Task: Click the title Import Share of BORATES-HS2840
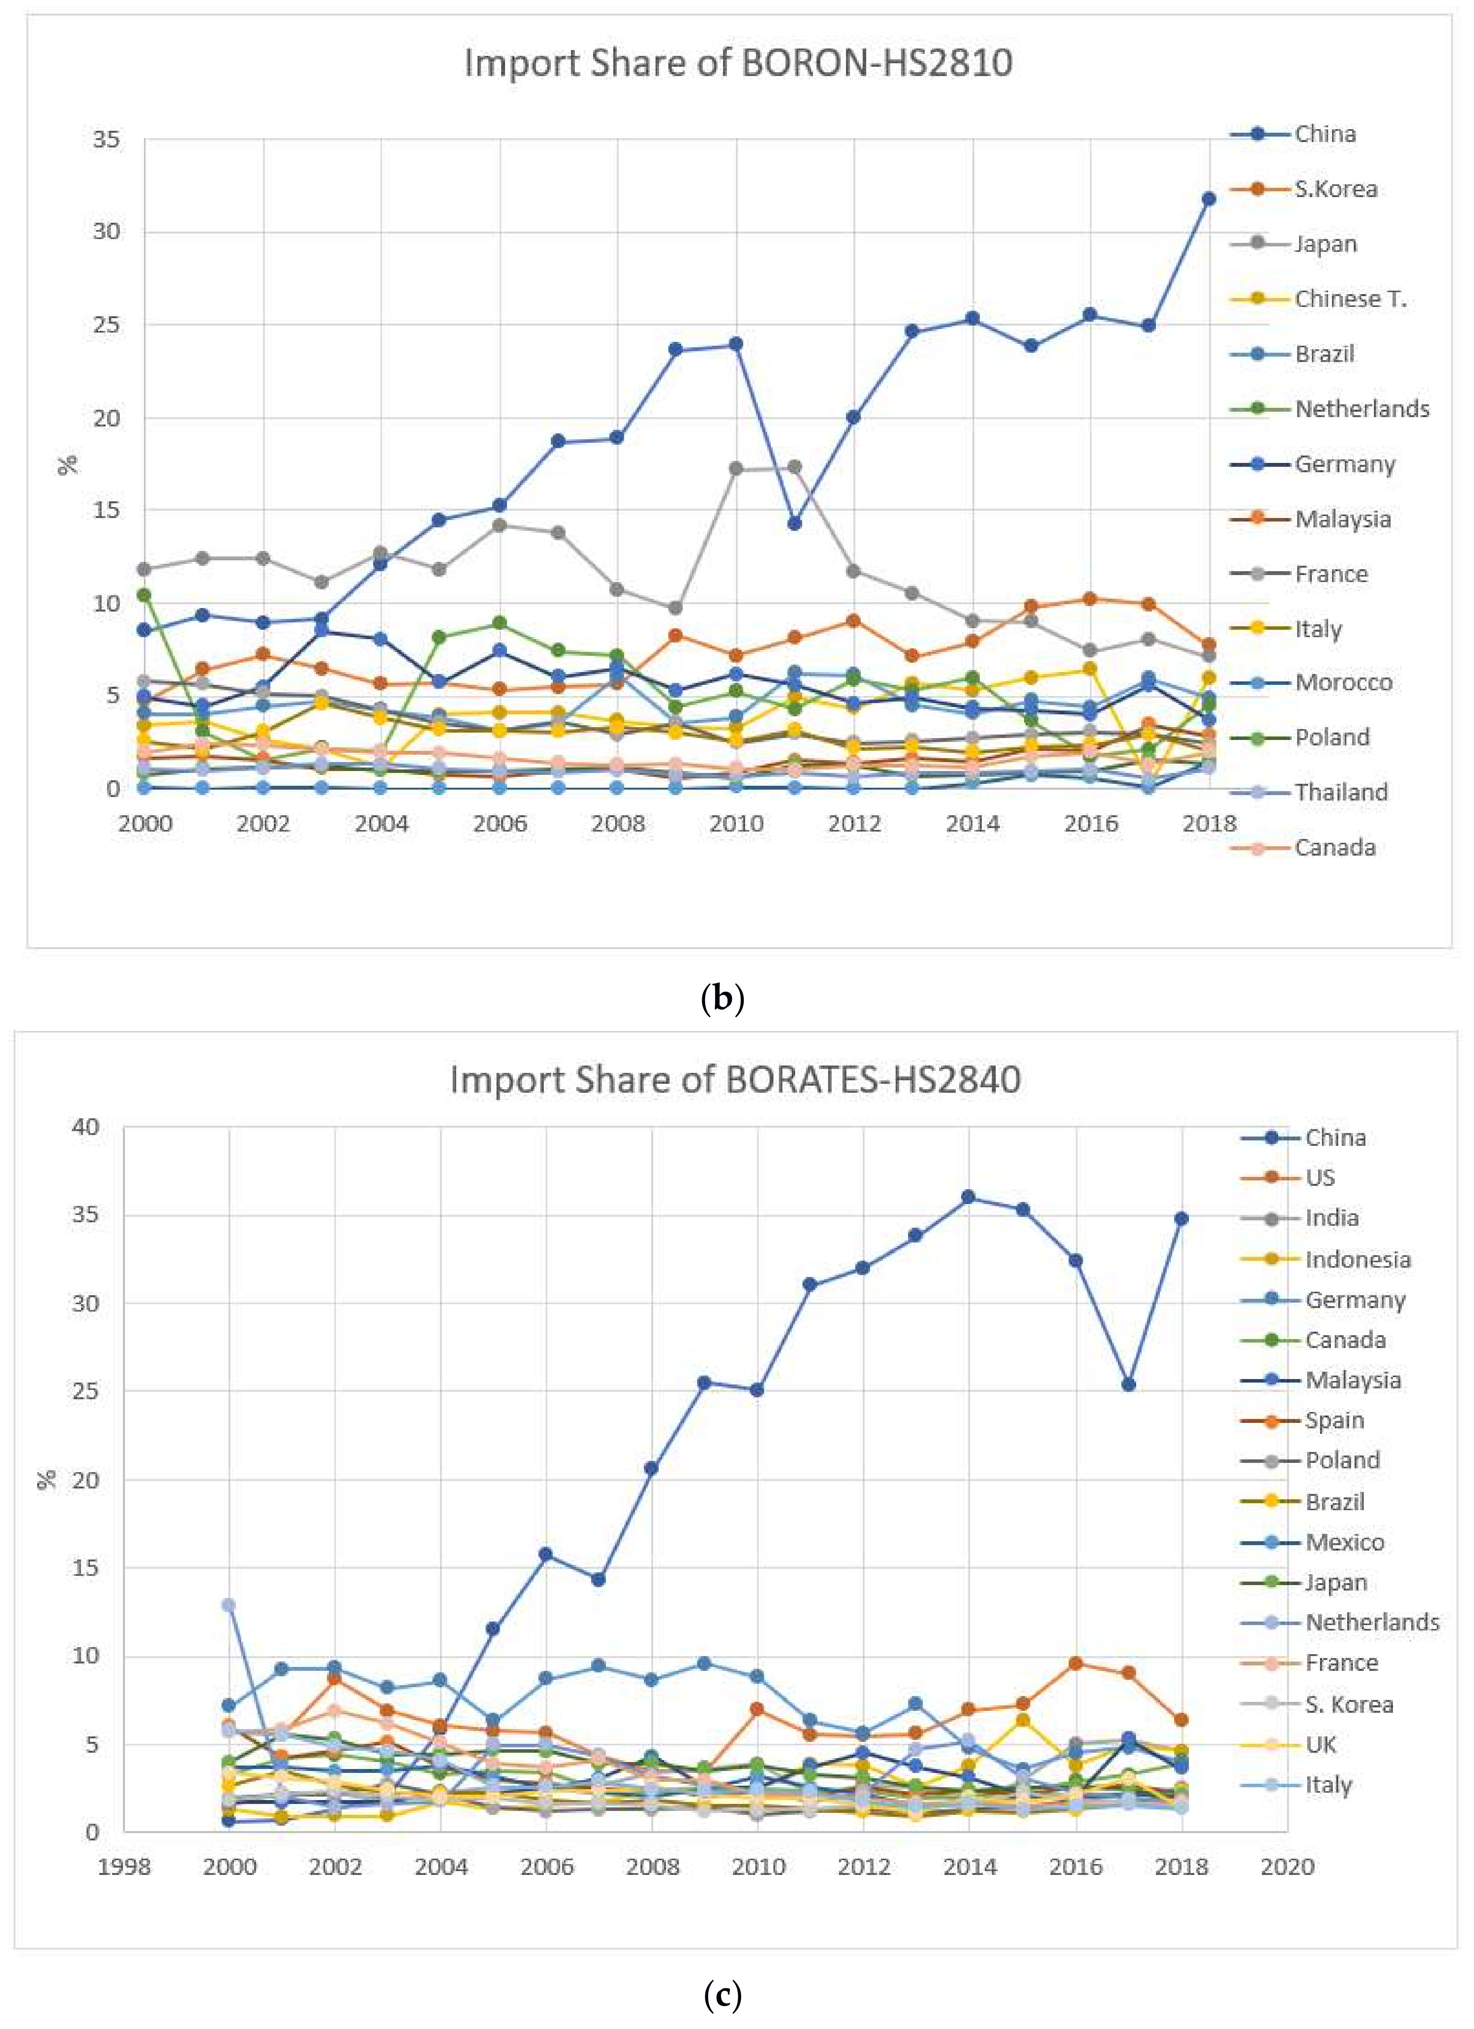coord(735,1080)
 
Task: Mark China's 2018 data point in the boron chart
coord(1208,199)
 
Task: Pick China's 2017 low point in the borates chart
coord(1129,1385)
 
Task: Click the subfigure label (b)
coord(723,998)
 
